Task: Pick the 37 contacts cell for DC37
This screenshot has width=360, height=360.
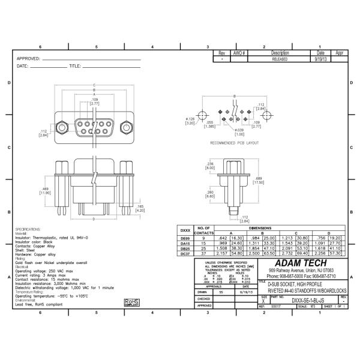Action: coord(203,254)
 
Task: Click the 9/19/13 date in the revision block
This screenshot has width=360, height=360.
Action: coord(320,59)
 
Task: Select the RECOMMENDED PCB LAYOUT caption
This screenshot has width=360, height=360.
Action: coord(235,143)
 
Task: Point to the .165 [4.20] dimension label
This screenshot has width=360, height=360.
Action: coord(140,208)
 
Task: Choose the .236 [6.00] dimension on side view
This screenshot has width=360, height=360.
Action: coord(210,166)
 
